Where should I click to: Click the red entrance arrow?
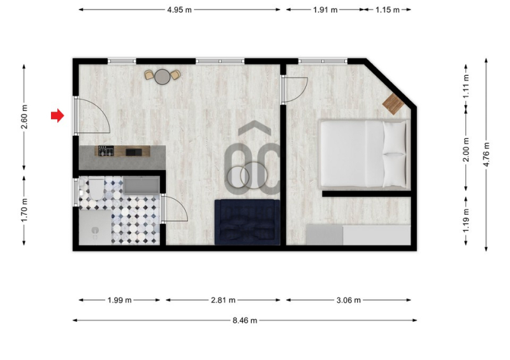tap(57, 115)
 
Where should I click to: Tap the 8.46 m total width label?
tap(245, 320)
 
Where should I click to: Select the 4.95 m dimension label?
tap(179, 10)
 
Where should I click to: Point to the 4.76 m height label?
tap(486, 154)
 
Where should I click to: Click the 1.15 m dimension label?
tap(388, 10)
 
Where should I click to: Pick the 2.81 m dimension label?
tap(223, 300)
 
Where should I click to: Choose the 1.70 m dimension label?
tap(24, 210)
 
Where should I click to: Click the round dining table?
tap(163, 76)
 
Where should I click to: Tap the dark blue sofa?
tap(247, 222)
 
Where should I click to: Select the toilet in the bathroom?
tap(95, 189)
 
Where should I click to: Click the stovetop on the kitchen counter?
tap(106, 151)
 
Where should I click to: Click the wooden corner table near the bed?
tap(393, 104)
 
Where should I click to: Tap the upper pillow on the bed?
tap(395, 138)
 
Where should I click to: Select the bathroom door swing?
tap(174, 208)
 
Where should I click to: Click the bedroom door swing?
tap(295, 90)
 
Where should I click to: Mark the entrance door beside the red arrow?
tap(92, 115)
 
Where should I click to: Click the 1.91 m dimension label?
tap(325, 10)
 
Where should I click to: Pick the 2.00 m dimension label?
tap(466, 150)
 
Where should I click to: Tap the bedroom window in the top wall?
tap(323, 61)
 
